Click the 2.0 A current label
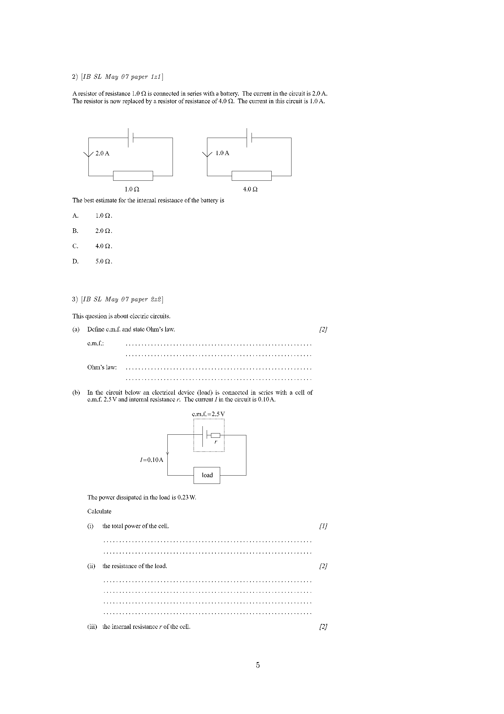(102, 153)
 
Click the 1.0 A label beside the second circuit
(222, 153)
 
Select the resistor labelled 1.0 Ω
(133, 176)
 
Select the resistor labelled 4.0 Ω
(252, 176)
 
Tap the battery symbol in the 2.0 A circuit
(130, 137)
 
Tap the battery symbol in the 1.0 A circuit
(249, 137)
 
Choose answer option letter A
(75, 216)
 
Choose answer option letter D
(75, 261)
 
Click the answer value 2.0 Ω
(103, 231)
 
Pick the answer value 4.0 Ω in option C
(103, 246)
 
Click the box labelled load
(207, 475)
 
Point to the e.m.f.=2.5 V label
(208, 414)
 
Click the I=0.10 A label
(152, 460)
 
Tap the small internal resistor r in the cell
(216, 435)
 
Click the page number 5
(258, 665)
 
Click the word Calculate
(99, 511)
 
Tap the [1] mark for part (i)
(323, 526)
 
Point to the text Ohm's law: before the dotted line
(102, 367)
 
